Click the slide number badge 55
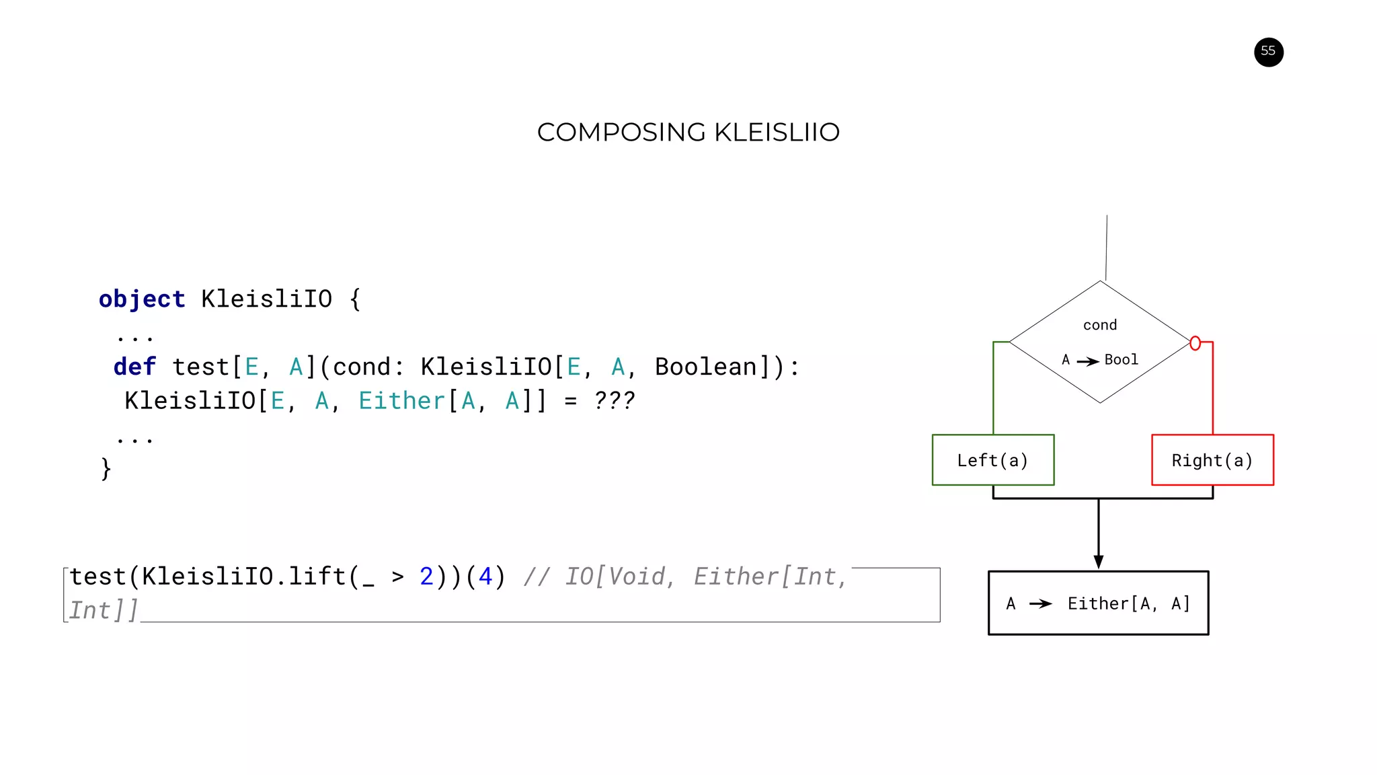point(1268,52)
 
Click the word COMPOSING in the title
point(622,133)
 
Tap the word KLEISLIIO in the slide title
point(777,133)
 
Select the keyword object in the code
point(142,299)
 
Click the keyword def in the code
point(134,367)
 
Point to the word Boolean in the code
point(705,367)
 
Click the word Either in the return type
point(401,402)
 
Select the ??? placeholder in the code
point(614,402)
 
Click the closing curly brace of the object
point(106,468)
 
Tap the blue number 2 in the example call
point(426,577)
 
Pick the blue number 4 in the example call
point(485,577)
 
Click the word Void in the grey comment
point(637,577)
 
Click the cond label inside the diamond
point(1100,326)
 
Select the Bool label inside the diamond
point(1121,360)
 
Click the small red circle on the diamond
point(1195,344)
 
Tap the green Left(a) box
point(992,460)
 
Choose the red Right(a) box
point(1212,460)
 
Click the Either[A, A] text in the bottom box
point(1129,603)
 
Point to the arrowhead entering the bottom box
point(1099,562)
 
